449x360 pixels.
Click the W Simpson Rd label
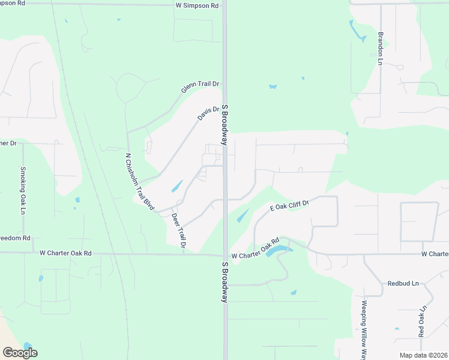[197, 5]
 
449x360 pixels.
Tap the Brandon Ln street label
[380, 48]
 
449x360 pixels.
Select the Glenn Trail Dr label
[200, 87]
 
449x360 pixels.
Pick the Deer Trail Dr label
[179, 231]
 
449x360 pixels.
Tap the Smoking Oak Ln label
[23, 190]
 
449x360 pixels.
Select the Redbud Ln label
[403, 283]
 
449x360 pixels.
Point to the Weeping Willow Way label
[364, 327]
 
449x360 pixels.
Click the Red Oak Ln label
[422, 322]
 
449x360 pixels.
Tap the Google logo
[20, 353]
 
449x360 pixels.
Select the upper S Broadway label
[225, 124]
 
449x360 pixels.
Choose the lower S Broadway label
[225, 281]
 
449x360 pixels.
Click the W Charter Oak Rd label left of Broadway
[65, 253]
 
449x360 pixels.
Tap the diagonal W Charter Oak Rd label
[255, 248]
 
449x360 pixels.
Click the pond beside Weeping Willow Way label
[397, 328]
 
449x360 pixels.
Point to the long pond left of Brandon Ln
[358, 32]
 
